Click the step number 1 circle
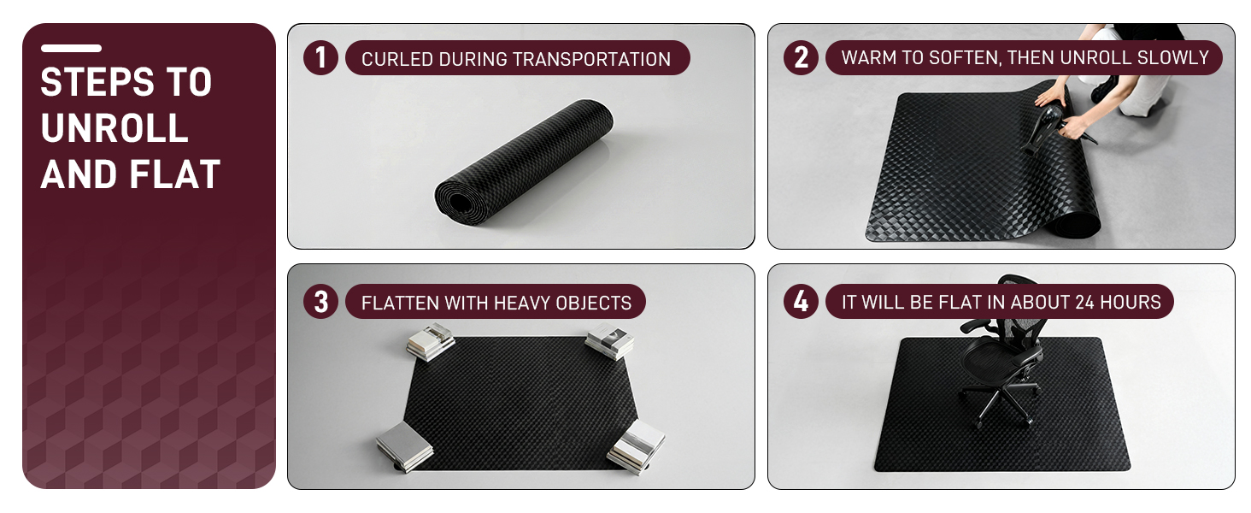[320, 57]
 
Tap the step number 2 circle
[801, 57]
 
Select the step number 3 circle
[320, 302]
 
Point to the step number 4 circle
[801, 302]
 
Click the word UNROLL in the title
[115, 128]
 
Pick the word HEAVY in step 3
[522, 303]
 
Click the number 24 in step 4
[1084, 303]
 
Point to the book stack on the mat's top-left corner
[430, 341]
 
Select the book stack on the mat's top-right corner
[610, 341]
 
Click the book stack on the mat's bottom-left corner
[404, 446]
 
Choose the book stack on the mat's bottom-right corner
[636, 447]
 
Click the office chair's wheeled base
[1000, 404]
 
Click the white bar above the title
[71, 48]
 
